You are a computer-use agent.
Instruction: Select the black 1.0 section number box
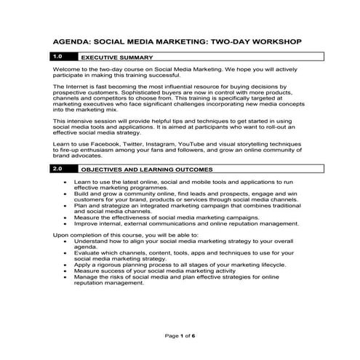(60, 56)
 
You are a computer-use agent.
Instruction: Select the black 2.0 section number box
(60, 168)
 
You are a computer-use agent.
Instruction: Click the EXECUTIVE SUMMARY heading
(116, 57)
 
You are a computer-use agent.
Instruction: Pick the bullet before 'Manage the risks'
(66, 277)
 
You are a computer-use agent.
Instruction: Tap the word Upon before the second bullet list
(61, 235)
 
